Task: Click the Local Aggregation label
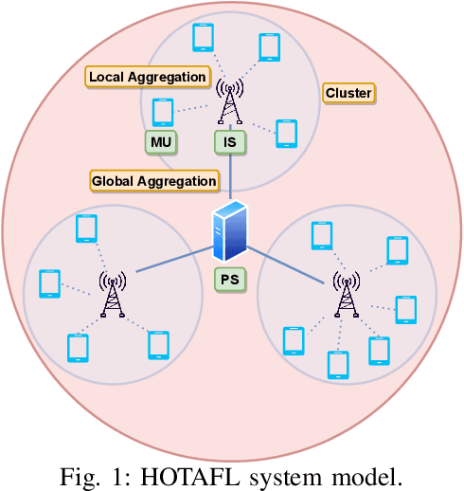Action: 148,76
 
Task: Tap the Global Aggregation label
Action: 153,180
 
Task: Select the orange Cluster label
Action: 348,93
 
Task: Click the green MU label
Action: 160,142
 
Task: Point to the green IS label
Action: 228,142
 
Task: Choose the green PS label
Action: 230,280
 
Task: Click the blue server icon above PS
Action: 230,231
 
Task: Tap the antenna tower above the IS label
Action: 228,102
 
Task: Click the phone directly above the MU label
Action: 163,112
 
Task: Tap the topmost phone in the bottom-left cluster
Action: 86,228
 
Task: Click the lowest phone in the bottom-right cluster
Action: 337,364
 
